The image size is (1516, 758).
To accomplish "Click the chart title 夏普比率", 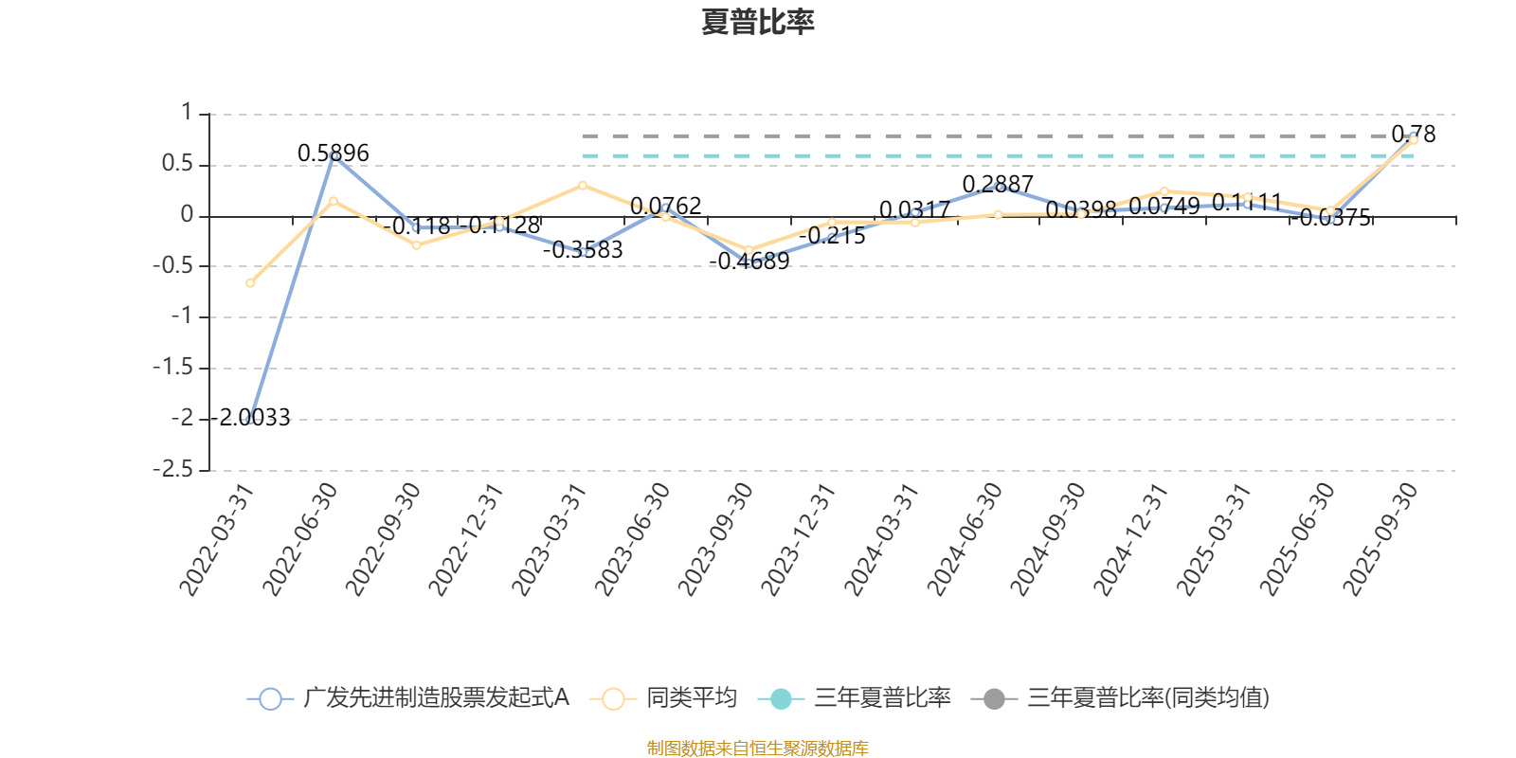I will coord(757,22).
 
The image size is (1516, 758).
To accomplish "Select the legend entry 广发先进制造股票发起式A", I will coord(408,699).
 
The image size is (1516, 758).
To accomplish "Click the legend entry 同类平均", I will coord(664,699).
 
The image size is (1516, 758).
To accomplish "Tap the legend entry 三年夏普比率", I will coord(856,699).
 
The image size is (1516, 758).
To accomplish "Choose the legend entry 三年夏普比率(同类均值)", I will coord(1121,699).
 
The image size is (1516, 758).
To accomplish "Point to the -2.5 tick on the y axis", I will coord(173,470).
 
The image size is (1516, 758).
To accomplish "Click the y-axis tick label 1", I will coord(187,114).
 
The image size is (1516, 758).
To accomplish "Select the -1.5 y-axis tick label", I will coord(173,368).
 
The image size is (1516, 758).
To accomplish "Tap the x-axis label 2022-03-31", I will coord(218,539).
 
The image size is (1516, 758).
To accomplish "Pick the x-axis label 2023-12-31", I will coord(800,539).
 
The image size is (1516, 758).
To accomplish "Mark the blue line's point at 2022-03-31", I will coord(250,419).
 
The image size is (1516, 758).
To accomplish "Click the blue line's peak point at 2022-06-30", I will coord(334,155).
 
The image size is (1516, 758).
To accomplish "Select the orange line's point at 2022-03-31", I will coord(250,283).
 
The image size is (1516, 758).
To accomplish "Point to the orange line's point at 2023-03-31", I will coord(583,185).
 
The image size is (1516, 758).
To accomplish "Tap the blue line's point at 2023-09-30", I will coord(749,262).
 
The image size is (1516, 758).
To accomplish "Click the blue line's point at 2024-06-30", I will coord(998,187).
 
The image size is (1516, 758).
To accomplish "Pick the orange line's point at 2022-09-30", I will coord(416,244).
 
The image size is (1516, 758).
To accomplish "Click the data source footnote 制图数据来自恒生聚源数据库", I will coord(757,749).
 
